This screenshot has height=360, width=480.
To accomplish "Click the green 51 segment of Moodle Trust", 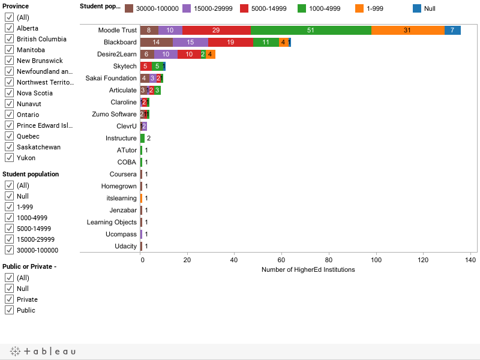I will point(311,30).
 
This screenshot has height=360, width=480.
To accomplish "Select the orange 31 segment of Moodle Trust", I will point(408,30).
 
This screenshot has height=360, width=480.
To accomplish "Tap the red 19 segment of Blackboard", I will point(231,42).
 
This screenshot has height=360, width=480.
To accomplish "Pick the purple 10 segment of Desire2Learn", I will point(166,54).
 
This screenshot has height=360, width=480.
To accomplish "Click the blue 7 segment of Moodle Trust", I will point(452,30).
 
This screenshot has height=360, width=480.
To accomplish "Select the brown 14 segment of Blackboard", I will point(157,42).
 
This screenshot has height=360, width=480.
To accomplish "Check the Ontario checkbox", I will point(9,115).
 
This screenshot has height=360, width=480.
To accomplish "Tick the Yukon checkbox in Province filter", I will point(9,158).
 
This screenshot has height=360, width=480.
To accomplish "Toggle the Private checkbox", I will point(9,299).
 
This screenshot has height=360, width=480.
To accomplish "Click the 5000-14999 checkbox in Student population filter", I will point(9,229).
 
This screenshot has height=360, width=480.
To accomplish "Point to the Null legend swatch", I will point(417,8).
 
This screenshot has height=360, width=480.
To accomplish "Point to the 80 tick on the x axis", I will point(329,260).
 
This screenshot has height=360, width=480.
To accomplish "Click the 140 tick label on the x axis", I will point(470,260).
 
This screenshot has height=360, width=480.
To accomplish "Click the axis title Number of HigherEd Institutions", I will point(308,269).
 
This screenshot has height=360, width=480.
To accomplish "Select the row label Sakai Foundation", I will point(111,78).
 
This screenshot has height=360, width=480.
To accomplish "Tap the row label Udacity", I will point(125,246).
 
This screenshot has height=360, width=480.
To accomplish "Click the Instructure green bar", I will point(142,138).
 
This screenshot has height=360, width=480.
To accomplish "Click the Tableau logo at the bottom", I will point(43,351).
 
